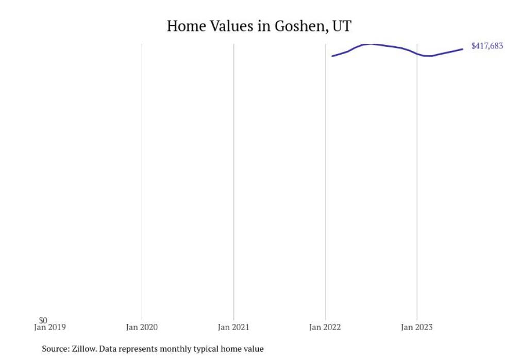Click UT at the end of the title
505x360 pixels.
tap(342, 26)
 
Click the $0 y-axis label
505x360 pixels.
tap(43, 321)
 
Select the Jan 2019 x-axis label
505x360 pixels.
tap(50, 328)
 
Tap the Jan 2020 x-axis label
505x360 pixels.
tap(142, 328)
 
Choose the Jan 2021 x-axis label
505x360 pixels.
tap(233, 328)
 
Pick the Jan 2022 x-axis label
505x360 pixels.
tap(325, 328)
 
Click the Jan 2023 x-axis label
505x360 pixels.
tap(417, 328)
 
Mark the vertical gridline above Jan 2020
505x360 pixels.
tap(142, 180)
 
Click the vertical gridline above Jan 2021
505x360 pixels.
tap(233, 180)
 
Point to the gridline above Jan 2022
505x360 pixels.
tap(325, 180)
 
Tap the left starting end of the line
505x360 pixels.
tap(332, 56)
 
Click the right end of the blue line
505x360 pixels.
tap(462, 49)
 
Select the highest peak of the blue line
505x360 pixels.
tap(371, 44)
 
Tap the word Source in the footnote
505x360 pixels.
tap(54, 349)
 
